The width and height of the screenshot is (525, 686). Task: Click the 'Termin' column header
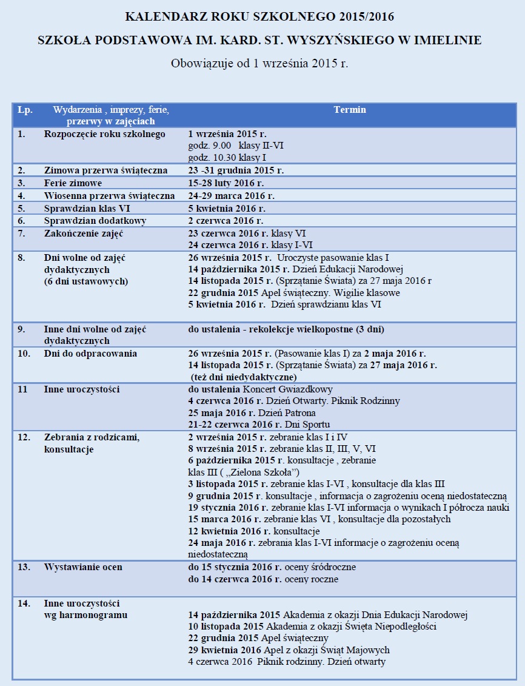[350, 110]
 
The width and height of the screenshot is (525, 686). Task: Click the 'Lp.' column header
[25, 110]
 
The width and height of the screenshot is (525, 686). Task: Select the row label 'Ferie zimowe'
[73, 183]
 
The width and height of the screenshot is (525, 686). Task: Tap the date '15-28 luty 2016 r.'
[227, 183]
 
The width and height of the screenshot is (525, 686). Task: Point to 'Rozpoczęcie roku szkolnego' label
[104, 133]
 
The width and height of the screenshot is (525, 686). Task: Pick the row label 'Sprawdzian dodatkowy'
[95, 220]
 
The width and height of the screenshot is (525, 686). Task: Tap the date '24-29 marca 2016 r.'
[231, 195]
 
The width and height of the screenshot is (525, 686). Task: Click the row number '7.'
[21, 233]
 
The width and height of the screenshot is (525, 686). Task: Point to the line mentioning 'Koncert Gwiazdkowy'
[260, 389]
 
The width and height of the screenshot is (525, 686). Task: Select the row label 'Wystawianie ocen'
[83, 567]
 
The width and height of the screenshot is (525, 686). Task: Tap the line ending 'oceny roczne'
[263, 579]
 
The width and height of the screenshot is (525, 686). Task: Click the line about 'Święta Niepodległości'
[312, 626]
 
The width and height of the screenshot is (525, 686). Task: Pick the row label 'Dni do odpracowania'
[90, 353]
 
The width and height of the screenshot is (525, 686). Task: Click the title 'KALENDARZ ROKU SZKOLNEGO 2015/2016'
[262, 16]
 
